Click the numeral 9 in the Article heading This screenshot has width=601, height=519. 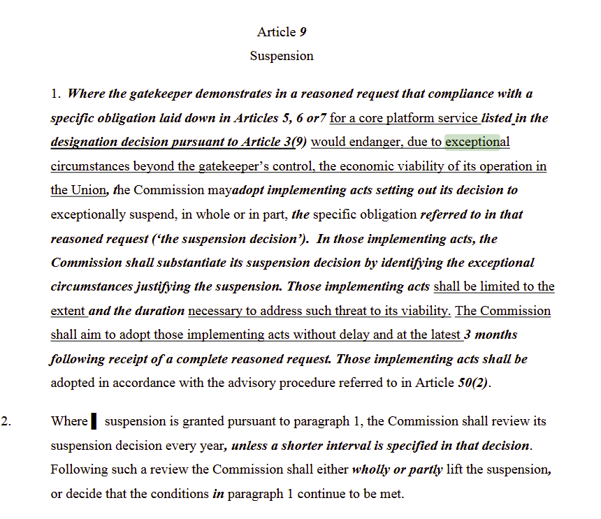click(303, 32)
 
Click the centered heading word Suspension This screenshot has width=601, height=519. click(282, 56)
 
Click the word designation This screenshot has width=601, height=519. click(85, 142)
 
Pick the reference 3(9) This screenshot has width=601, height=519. click(296, 142)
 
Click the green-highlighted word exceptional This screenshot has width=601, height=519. click(472, 142)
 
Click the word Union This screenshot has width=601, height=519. click(89, 190)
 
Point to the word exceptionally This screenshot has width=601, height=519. click(90, 214)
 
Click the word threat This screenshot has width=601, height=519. click(360, 311)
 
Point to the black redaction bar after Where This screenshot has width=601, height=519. click(94, 422)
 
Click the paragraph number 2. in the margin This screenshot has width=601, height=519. click(8, 422)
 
